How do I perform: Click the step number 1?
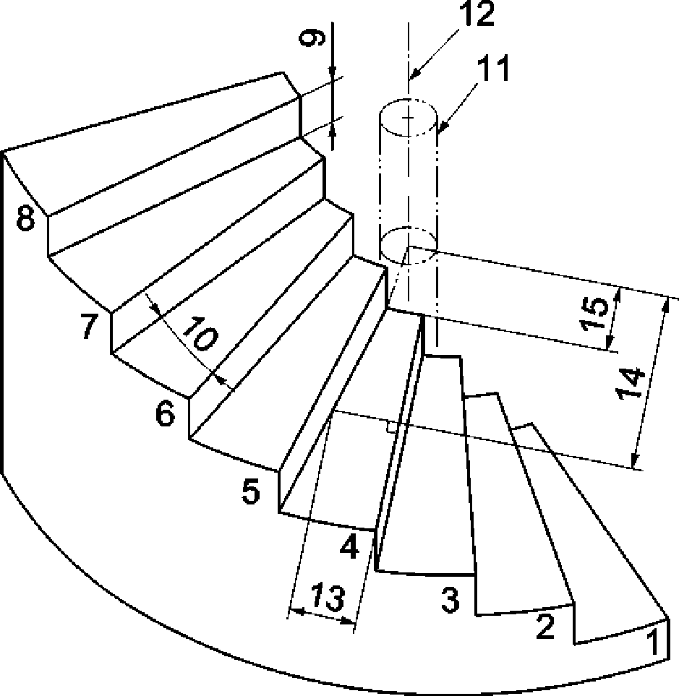(652, 641)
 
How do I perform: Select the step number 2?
(544, 627)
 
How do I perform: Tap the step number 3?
(450, 599)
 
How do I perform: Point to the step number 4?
(349, 547)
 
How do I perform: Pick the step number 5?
(250, 493)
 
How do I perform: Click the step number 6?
(166, 415)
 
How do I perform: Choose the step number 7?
(90, 327)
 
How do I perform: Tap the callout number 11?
(493, 70)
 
